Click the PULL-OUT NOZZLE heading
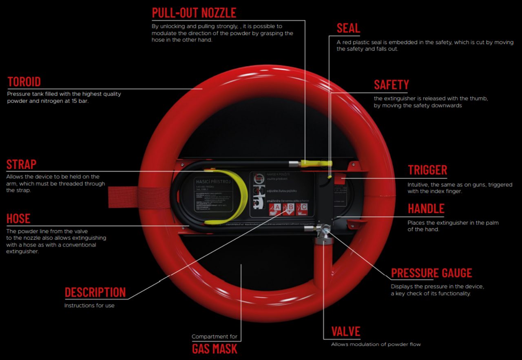(194, 13)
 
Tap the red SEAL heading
(348, 28)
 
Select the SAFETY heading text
(391, 85)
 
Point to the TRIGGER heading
(427, 170)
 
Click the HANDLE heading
(426, 209)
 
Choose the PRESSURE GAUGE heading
(431, 273)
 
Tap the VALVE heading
(346, 331)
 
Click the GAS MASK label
(215, 349)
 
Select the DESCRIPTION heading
(95, 293)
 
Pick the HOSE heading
(18, 219)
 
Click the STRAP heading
(21, 164)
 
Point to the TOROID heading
(24, 82)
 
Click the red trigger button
(340, 180)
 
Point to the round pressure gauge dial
(325, 231)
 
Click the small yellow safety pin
(329, 177)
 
